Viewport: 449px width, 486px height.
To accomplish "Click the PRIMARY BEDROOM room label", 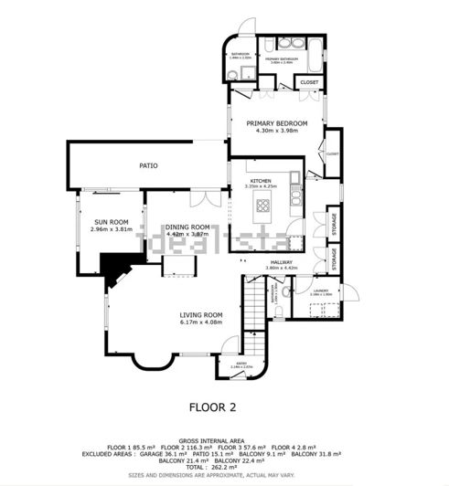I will (x=277, y=122).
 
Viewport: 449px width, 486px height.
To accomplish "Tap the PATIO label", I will (x=148, y=165).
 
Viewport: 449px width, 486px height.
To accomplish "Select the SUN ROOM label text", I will (x=113, y=221).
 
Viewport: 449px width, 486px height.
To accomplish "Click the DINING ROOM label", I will (x=187, y=227).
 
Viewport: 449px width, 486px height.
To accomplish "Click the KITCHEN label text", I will (x=262, y=181).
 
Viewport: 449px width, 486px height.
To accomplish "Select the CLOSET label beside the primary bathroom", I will (x=309, y=82).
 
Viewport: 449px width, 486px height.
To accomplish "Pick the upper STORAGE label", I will (x=335, y=223).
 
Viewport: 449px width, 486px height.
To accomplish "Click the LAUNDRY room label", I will (x=321, y=290).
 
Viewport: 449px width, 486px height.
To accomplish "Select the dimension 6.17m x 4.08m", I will (x=201, y=322).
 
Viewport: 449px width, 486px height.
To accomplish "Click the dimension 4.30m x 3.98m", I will (x=277, y=130).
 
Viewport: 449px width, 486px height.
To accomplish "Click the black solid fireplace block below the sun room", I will (x=114, y=266).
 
